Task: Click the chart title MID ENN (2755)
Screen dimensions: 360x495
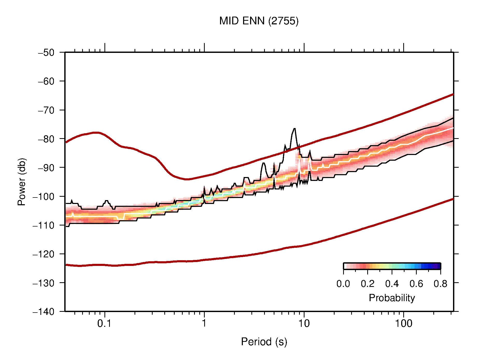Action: pos(259,21)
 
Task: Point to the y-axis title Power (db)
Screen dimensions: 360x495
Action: pos(22,182)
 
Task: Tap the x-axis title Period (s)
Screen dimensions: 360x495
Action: pos(264,342)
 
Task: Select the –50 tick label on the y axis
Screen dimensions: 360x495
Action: pos(46,53)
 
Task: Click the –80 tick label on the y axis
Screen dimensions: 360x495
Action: pos(46,139)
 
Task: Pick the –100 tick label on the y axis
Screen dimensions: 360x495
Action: pos(44,196)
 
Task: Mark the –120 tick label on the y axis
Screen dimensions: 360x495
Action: pos(44,254)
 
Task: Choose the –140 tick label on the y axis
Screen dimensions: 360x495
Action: pos(44,312)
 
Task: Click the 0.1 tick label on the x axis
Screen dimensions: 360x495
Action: pos(104,323)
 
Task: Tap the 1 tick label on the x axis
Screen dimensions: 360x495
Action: pos(204,323)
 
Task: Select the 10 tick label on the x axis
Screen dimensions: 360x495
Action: pos(304,323)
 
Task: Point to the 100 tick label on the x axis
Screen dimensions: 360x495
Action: pos(404,323)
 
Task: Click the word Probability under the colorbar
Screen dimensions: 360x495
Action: pos(392,298)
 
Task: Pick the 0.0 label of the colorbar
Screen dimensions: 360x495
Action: pos(343,284)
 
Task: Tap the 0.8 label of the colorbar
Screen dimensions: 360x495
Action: pos(440,284)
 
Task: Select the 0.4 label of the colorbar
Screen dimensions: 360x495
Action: pos(392,284)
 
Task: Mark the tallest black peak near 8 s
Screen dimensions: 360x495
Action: pos(294,129)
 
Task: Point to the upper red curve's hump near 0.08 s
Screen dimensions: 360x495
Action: pos(96,132)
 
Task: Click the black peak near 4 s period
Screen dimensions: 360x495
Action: pos(263,163)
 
